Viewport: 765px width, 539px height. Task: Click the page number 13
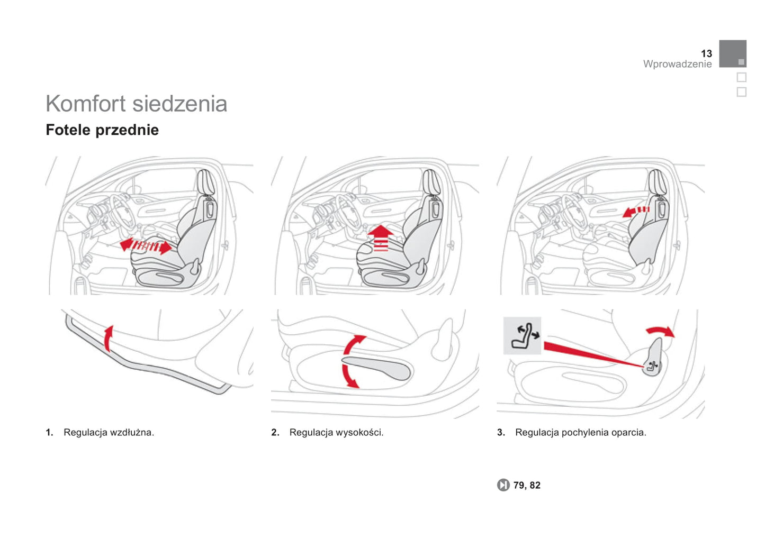tap(706, 53)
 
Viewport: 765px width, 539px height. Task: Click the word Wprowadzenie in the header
tap(678, 64)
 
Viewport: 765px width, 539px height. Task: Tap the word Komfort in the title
tap(86, 103)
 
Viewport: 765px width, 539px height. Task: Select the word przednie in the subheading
tap(128, 130)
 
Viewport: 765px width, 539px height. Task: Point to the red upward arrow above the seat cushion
tap(381, 238)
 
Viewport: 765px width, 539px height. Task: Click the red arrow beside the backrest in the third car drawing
tap(636, 212)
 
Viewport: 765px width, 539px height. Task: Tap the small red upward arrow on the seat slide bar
tap(109, 338)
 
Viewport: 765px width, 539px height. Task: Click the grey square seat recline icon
tap(522, 336)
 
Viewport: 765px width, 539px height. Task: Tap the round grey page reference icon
tap(503, 485)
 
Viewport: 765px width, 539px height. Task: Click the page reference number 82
tap(535, 485)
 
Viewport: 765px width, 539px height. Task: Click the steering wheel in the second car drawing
tap(348, 212)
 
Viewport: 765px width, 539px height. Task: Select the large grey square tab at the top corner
tap(733, 53)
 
